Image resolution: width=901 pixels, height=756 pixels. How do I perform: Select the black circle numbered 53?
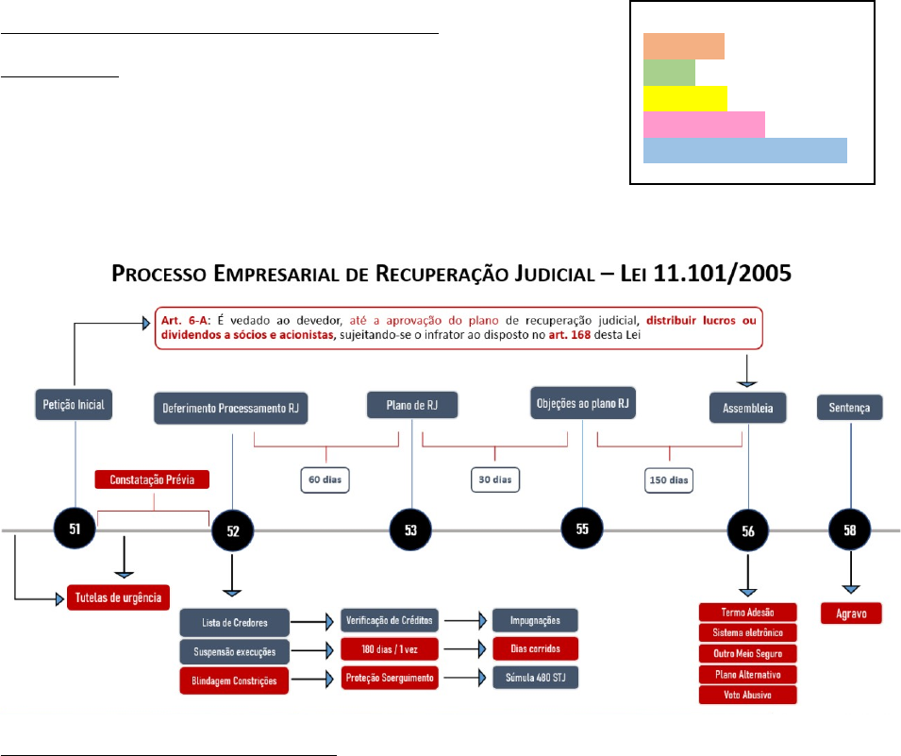(x=411, y=529)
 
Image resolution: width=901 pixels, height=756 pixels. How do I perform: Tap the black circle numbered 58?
(x=851, y=529)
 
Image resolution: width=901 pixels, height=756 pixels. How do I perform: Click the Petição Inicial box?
(x=75, y=405)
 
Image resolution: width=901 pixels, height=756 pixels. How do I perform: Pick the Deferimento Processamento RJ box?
(x=231, y=408)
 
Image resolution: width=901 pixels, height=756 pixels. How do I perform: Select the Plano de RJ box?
(x=412, y=405)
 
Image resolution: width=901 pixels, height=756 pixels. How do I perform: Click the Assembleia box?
(x=748, y=408)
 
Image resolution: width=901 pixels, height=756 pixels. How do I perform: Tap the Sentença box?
(x=851, y=407)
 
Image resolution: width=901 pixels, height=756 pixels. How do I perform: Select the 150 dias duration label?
(x=669, y=479)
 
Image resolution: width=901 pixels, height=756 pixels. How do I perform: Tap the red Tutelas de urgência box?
(x=119, y=596)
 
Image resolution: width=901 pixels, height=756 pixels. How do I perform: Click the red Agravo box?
(x=851, y=613)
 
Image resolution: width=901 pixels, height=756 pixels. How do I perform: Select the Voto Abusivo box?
(x=748, y=695)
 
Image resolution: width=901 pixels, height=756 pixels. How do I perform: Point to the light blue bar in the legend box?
(x=744, y=151)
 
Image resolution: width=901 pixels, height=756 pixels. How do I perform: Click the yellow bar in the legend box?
(x=685, y=98)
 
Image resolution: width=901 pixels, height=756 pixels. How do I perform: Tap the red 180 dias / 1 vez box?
(x=389, y=650)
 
